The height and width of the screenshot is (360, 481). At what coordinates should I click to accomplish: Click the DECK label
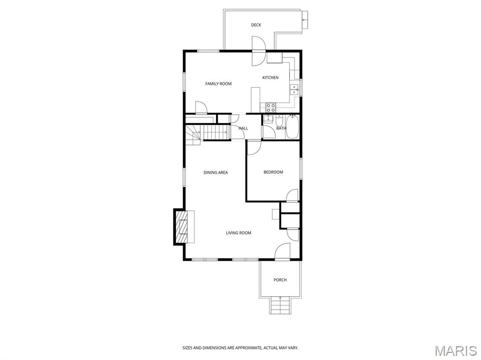point(256,25)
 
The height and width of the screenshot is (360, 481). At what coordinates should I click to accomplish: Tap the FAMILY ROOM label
point(218,84)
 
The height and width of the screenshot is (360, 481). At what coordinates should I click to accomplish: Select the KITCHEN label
point(270,77)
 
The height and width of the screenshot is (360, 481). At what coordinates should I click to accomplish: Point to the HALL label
point(243,128)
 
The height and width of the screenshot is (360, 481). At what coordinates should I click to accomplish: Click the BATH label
point(281,128)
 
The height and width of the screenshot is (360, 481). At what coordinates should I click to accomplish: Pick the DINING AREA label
point(216,172)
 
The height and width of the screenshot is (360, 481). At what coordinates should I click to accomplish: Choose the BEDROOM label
point(273,172)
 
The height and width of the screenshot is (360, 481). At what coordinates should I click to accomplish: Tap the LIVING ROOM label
point(239,233)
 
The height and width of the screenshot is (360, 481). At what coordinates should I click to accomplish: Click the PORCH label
point(280,280)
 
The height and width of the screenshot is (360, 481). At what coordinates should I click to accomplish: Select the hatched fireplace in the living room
point(181,227)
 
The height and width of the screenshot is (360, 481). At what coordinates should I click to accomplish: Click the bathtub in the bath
point(292,127)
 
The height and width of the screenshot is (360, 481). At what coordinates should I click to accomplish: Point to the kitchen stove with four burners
point(271,107)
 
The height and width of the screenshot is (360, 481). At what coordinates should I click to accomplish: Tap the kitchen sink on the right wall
point(295,90)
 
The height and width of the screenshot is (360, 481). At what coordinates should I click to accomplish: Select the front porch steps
point(280,306)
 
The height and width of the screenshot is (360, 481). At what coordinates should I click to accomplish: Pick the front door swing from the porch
point(282,252)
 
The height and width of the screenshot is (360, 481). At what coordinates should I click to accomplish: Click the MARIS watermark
point(455,351)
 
